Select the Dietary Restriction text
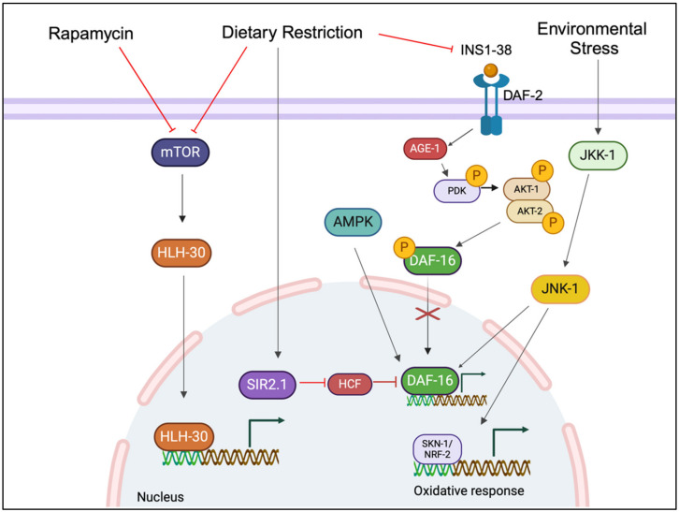[293, 34]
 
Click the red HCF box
[351, 383]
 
